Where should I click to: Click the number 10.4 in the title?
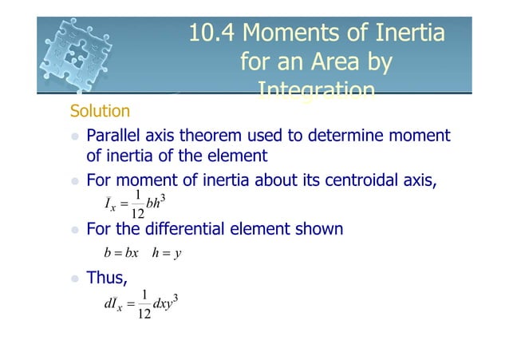[212, 34]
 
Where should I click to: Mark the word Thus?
[110, 279]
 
